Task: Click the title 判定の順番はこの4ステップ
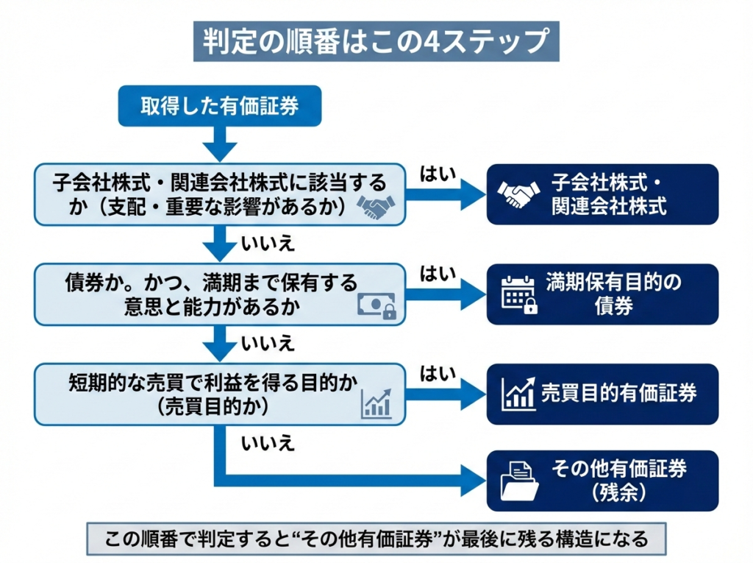click(x=376, y=41)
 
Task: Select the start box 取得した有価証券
click(x=220, y=106)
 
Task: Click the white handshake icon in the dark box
click(x=518, y=194)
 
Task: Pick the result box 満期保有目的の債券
click(x=602, y=294)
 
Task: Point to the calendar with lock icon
click(x=519, y=294)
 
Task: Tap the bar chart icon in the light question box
click(x=376, y=403)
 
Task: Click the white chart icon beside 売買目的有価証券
click(x=518, y=394)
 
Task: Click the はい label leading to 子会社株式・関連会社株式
click(x=438, y=174)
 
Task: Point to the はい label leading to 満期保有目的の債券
click(x=438, y=275)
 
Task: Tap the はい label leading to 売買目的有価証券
click(x=438, y=375)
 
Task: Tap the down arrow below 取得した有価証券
click(x=218, y=141)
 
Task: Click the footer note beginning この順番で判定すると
click(x=376, y=539)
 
